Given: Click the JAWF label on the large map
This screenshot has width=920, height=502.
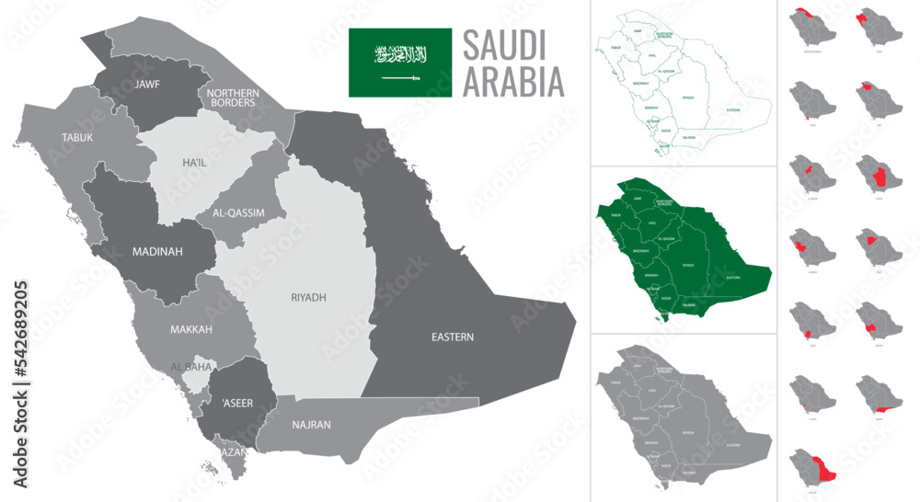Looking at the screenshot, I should coord(147,84).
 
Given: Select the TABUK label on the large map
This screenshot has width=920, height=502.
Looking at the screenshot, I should coord(77,137).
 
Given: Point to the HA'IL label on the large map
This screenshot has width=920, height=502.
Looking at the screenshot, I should coord(194,163).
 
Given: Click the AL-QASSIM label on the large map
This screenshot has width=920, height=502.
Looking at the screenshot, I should coord(238,212).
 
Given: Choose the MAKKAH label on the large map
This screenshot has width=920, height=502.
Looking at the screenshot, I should coord(190,329).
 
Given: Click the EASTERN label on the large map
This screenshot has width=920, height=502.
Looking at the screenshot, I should coord(452,337).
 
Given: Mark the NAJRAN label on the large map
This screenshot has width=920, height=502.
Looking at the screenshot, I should coord(311,425).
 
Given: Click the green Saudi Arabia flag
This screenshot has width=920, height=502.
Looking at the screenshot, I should coord(399,63).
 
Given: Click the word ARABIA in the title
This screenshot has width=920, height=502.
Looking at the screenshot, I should coord(512,83).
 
